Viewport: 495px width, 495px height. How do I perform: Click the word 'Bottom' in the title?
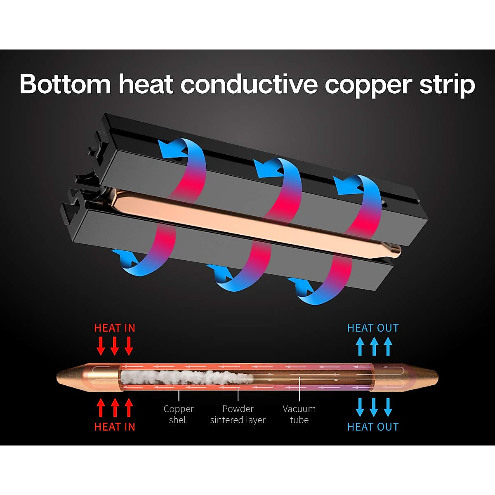point(65,84)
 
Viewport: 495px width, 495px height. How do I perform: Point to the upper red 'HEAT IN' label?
point(115,328)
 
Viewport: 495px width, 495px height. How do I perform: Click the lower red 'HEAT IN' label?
point(115,427)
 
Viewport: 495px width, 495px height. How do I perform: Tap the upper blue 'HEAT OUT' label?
point(373,328)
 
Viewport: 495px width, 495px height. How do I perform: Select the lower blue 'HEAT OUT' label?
point(373,427)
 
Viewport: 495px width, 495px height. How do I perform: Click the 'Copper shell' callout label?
point(179,414)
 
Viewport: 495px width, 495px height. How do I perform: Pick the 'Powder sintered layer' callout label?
point(238,414)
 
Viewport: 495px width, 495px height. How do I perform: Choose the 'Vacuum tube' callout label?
point(299,414)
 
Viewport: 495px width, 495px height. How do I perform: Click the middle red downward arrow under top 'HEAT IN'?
point(115,346)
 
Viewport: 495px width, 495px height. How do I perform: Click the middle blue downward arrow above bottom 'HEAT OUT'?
point(374,408)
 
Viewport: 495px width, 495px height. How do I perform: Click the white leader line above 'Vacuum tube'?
point(299,390)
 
